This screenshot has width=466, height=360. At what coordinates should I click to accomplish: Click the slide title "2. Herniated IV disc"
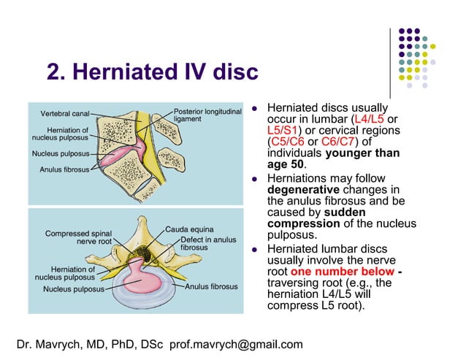[x=152, y=73]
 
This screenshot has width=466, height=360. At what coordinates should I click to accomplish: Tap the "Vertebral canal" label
[x=65, y=114]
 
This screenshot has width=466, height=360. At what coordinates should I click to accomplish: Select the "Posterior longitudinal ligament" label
[x=207, y=115]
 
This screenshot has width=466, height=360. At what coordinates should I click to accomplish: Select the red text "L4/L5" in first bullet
[x=370, y=118]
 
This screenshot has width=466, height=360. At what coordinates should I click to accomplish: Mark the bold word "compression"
[x=304, y=223]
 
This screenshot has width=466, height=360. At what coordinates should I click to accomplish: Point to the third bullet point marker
[x=256, y=250]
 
